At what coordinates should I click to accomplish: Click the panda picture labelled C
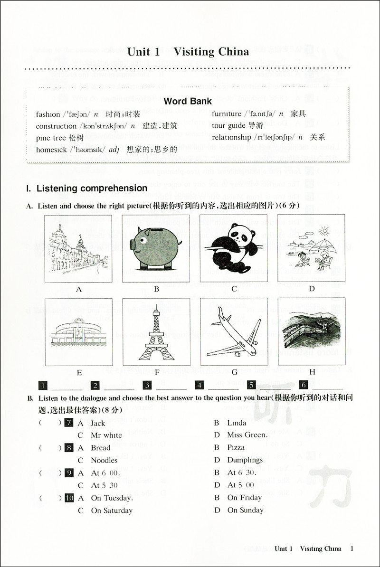pyautogui.click(x=234, y=248)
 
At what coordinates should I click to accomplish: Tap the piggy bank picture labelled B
pyautogui.click(x=156, y=248)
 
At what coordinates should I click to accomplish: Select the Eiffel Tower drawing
pyautogui.click(x=156, y=332)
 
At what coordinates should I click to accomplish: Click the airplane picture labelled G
pyautogui.click(x=234, y=332)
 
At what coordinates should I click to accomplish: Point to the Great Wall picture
pyautogui.click(x=312, y=332)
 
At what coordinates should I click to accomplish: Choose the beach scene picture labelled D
pyautogui.click(x=312, y=248)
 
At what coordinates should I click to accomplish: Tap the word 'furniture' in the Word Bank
pyautogui.click(x=227, y=114)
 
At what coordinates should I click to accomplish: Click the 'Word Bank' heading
pyautogui.click(x=188, y=101)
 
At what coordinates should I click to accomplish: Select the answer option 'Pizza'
pyautogui.click(x=236, y=447)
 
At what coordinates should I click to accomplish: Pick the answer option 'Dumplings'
pyautogui.click(x=245, y=460)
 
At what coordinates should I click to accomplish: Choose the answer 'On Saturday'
pyautogui.click(x=112, y=510)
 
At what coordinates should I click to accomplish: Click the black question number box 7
pyautogui.click(x=69, y=423)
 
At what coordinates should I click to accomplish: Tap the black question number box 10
pyautogui.click(x=69, y=498)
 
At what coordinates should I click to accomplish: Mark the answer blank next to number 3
pyautogui.click(x=171, y=386)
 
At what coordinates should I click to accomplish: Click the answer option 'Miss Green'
pyautogui.click(x=247, y=435)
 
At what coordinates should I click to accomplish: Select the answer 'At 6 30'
pyautogui.click(x=242, y=472)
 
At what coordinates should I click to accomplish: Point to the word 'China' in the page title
pyautogui.click(x=230, y=52)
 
